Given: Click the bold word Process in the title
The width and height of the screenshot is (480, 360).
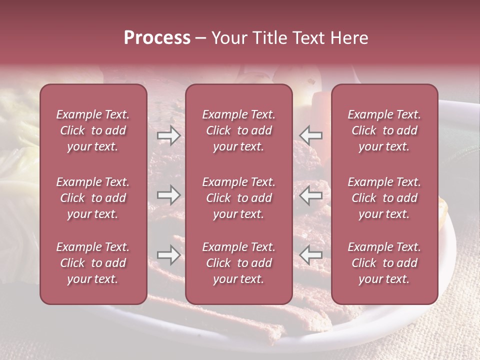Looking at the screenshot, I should point(157,38).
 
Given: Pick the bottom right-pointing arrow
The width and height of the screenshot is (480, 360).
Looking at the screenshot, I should point(168,255).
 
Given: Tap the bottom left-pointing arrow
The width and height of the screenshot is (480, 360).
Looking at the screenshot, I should point(310,255).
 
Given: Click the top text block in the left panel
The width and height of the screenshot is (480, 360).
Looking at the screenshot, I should point(93,130).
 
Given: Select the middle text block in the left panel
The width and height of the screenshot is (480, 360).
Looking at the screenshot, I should point(93,198).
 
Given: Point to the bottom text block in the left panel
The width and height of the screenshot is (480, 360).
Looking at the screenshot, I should point(93,263).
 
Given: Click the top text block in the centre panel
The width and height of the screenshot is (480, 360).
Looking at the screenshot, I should point(238,130).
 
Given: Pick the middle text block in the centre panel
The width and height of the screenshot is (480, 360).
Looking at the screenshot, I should point(238,198).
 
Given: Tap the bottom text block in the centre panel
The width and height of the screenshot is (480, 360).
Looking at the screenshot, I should point(238,263).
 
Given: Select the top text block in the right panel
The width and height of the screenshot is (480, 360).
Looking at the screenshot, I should point(384,130).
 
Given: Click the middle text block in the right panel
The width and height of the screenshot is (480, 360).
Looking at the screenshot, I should point(384,198).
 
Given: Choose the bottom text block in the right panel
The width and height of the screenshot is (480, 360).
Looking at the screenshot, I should point(384,263).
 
